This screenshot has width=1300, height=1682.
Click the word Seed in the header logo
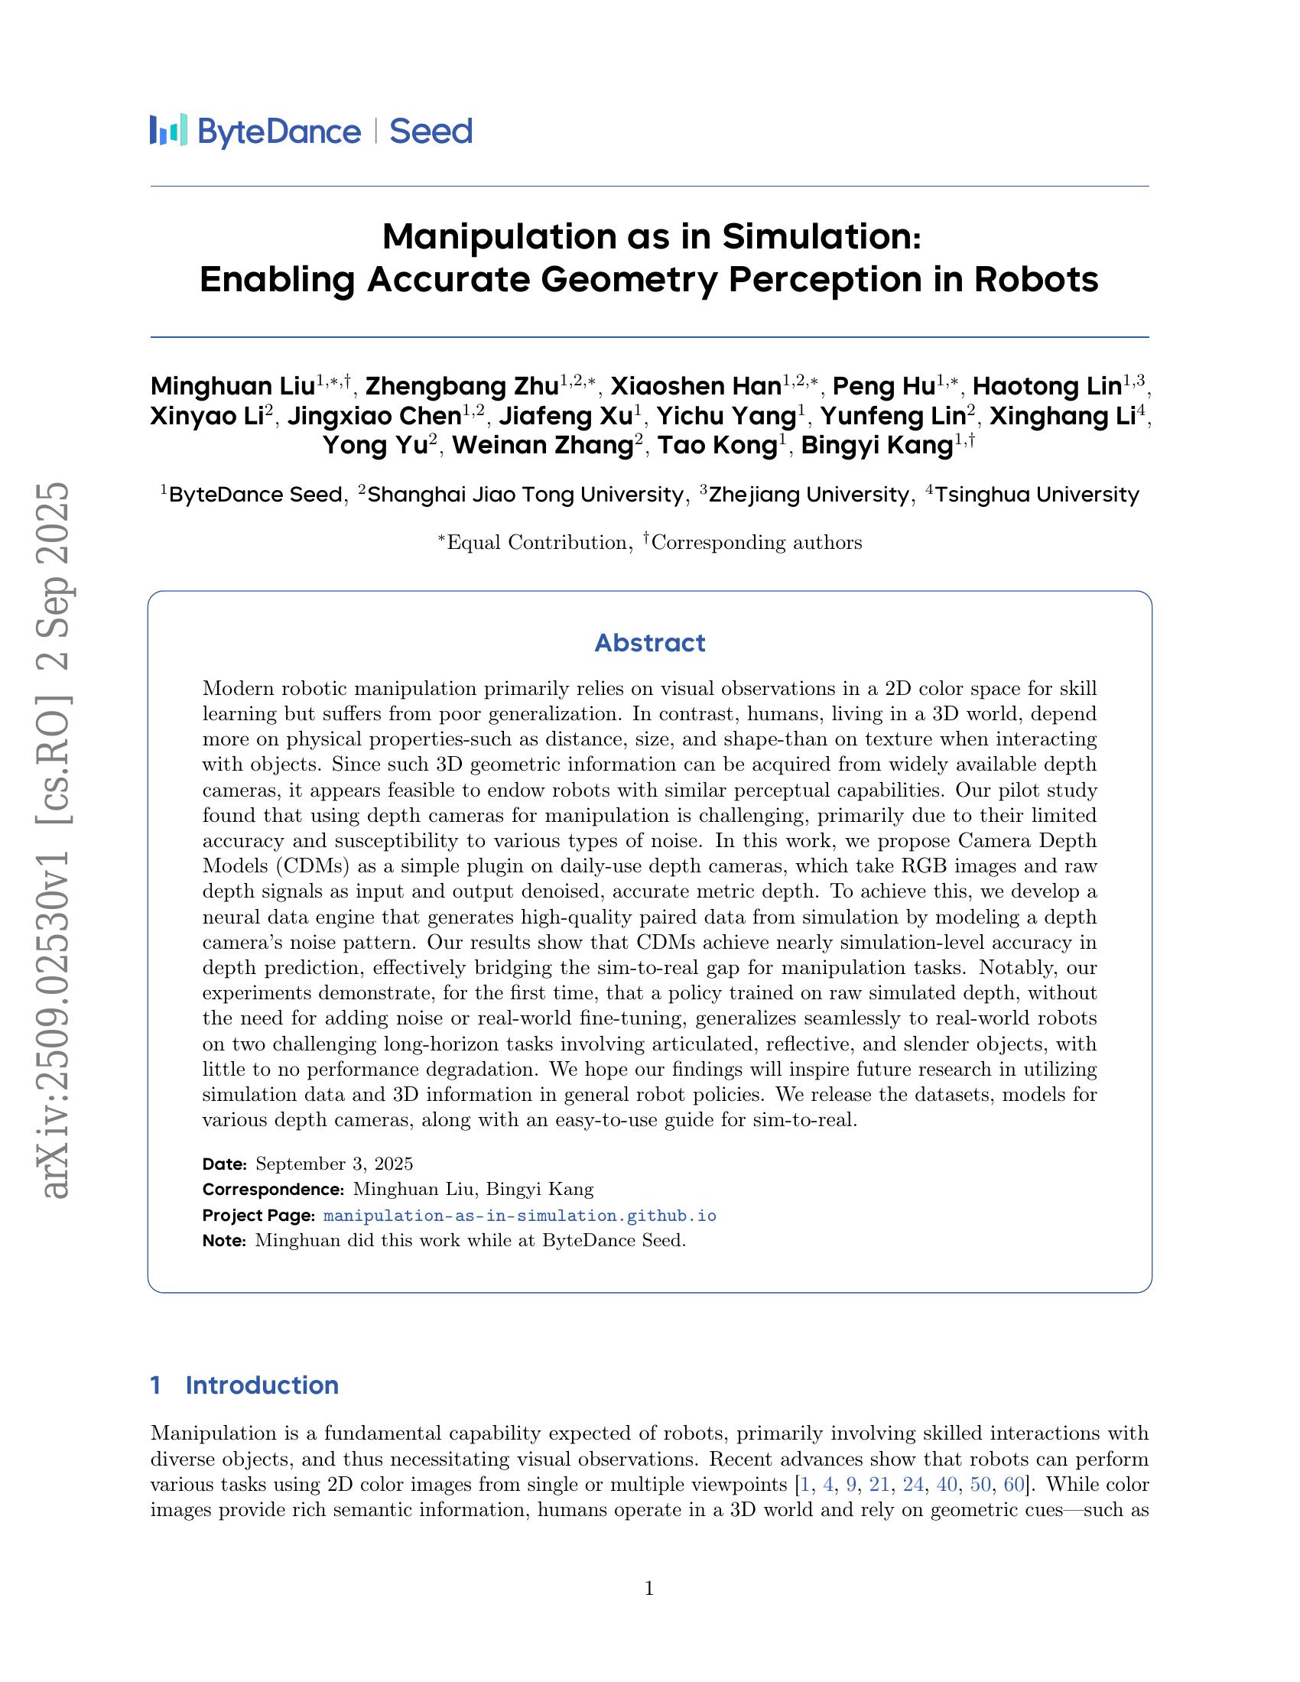click(431, 132)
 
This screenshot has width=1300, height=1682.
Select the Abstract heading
click(649, 642)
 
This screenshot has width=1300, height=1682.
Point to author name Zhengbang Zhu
click(461, 386)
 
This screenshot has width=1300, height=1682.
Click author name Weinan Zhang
click(542, 446)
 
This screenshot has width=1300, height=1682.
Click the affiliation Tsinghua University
click(1037, 495)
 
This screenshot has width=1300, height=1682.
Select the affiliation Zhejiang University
click(808, 495)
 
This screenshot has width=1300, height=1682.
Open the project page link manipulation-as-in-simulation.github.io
click(520, 1216)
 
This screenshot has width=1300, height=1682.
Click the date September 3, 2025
click(334, 1163)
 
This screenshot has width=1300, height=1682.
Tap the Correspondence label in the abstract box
click(273, 1189)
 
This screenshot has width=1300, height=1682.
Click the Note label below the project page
click(223, 1240)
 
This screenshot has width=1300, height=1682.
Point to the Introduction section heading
click(262, 1385)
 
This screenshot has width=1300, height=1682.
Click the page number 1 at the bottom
click(648, 1588)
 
